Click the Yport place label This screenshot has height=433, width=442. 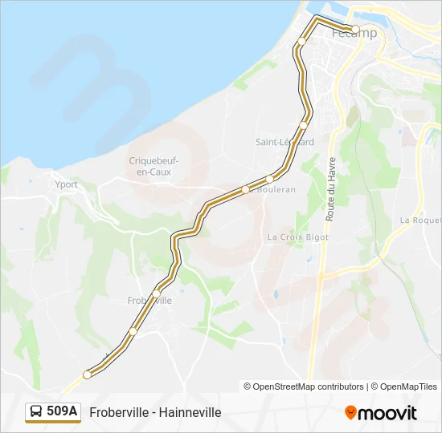click(x=66, y=184)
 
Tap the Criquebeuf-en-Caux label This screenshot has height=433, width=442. click(x=153, y=166)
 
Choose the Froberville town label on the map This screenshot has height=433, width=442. click(x=149, y=301)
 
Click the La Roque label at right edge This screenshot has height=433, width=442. click(x=420, y=220)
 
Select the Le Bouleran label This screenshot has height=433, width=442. click(x=273, y=189)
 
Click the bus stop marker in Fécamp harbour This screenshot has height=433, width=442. click(x=355, y=29)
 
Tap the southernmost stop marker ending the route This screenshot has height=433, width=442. click(x=87, y=374)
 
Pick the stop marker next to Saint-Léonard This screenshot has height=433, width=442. click(x=304, y=125)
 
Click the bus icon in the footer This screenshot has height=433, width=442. click(x=37, y=411)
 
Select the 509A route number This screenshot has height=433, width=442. click(x=63, y=411)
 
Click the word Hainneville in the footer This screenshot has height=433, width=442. click(x=190, y=412)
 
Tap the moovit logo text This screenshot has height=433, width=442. click(x=387, y=413)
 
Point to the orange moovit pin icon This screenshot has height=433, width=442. click(x=350, y=412)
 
